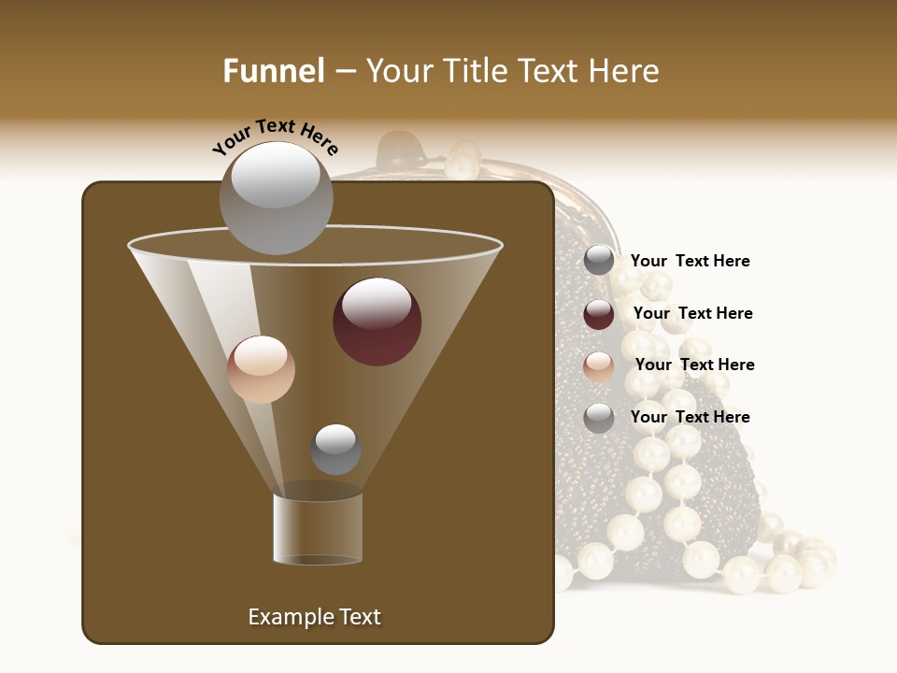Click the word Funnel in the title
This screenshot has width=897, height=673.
pos(274,71)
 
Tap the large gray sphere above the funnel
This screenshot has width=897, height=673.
pos(276,197)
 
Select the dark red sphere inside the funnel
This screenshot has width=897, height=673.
pos(377,322)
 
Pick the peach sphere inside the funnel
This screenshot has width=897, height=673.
pos(261,369)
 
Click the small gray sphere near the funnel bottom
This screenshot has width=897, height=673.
pos(335,450)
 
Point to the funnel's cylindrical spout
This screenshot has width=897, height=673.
pos(318,529)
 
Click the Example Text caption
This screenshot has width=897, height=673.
pos(314,617)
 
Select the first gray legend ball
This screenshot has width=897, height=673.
pos(599,261)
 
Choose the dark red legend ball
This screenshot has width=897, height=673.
pos(599,314)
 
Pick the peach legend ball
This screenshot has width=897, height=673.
pos(599,366)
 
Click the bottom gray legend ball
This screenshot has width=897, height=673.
pos(599,418)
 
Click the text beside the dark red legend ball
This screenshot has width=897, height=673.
pos(692,313)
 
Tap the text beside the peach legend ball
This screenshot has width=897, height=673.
pos(694,365)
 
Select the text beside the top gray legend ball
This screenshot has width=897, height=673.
pos(690,261)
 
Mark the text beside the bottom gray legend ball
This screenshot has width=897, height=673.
pos(690,417)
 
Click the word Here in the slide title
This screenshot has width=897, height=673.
pos(625,71)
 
